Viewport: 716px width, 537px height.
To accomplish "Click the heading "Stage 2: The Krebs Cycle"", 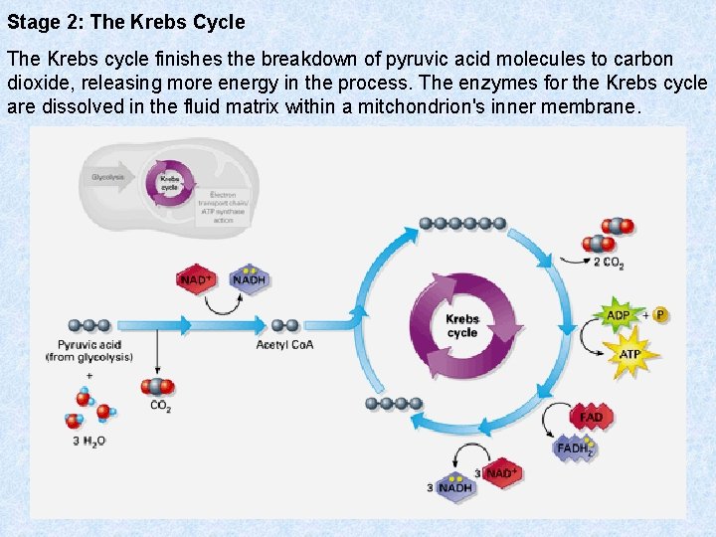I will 126,21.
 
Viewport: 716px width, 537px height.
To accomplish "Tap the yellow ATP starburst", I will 629,354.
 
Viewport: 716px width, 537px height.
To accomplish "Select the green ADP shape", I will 618,315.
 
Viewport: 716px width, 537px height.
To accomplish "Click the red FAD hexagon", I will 591,417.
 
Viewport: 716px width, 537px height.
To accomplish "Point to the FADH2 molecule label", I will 575,448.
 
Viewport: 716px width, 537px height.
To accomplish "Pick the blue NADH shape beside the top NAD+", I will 249,279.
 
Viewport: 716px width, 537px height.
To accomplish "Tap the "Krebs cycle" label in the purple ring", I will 462,326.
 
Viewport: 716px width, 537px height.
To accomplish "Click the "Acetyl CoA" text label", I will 284,345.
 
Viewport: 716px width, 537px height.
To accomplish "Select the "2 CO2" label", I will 609,263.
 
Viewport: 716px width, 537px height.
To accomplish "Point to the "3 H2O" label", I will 89,441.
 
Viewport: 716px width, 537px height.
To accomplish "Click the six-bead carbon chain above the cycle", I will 461,224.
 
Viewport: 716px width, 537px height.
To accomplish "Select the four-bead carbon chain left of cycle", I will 393,403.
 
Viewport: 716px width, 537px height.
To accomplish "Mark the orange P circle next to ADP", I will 659,315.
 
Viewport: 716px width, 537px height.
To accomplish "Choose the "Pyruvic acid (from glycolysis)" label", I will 89,351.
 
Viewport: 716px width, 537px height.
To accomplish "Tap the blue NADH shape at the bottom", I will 455,487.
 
